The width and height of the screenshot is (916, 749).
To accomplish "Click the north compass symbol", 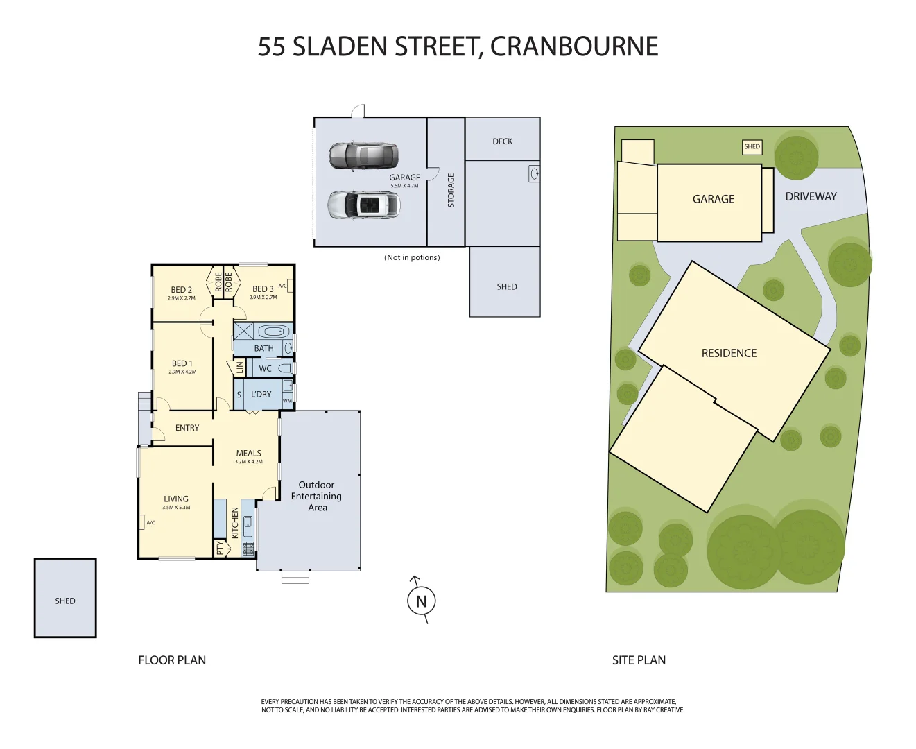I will coord(421,601).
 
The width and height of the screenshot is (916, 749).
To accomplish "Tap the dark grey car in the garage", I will coord(363,156).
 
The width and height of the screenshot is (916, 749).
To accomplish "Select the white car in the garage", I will coord(364,205).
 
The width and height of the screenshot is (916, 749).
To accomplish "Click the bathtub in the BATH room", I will coord(273,331).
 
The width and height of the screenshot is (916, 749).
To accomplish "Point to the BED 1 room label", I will coord(182,363).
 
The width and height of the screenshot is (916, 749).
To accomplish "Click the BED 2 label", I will coord(181,290).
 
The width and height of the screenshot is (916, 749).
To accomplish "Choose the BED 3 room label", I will coord(262,289).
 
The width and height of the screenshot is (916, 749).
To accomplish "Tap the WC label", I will coord(265,369).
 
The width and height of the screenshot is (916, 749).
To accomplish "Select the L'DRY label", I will coord(261,394).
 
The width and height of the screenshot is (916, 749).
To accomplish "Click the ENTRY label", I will coord(187,428).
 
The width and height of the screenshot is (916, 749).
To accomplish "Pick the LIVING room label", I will coord(176,499).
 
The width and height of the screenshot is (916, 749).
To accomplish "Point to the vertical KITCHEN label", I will coord(235,523).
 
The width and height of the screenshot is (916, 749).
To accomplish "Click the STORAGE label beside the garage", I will coord(451,190).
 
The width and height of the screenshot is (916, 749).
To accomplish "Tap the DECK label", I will coord(503,141).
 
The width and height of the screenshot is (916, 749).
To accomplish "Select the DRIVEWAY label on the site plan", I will coord(811,197).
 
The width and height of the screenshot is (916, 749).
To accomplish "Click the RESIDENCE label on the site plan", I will coord(729,353).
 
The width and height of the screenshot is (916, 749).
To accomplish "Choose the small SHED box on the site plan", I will coord(752,147).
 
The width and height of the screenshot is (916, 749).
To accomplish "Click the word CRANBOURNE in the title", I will coord(574,46).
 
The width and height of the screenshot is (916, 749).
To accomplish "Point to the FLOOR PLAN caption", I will coord(172,660).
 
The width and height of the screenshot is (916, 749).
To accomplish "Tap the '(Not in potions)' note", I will coord(412,257).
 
